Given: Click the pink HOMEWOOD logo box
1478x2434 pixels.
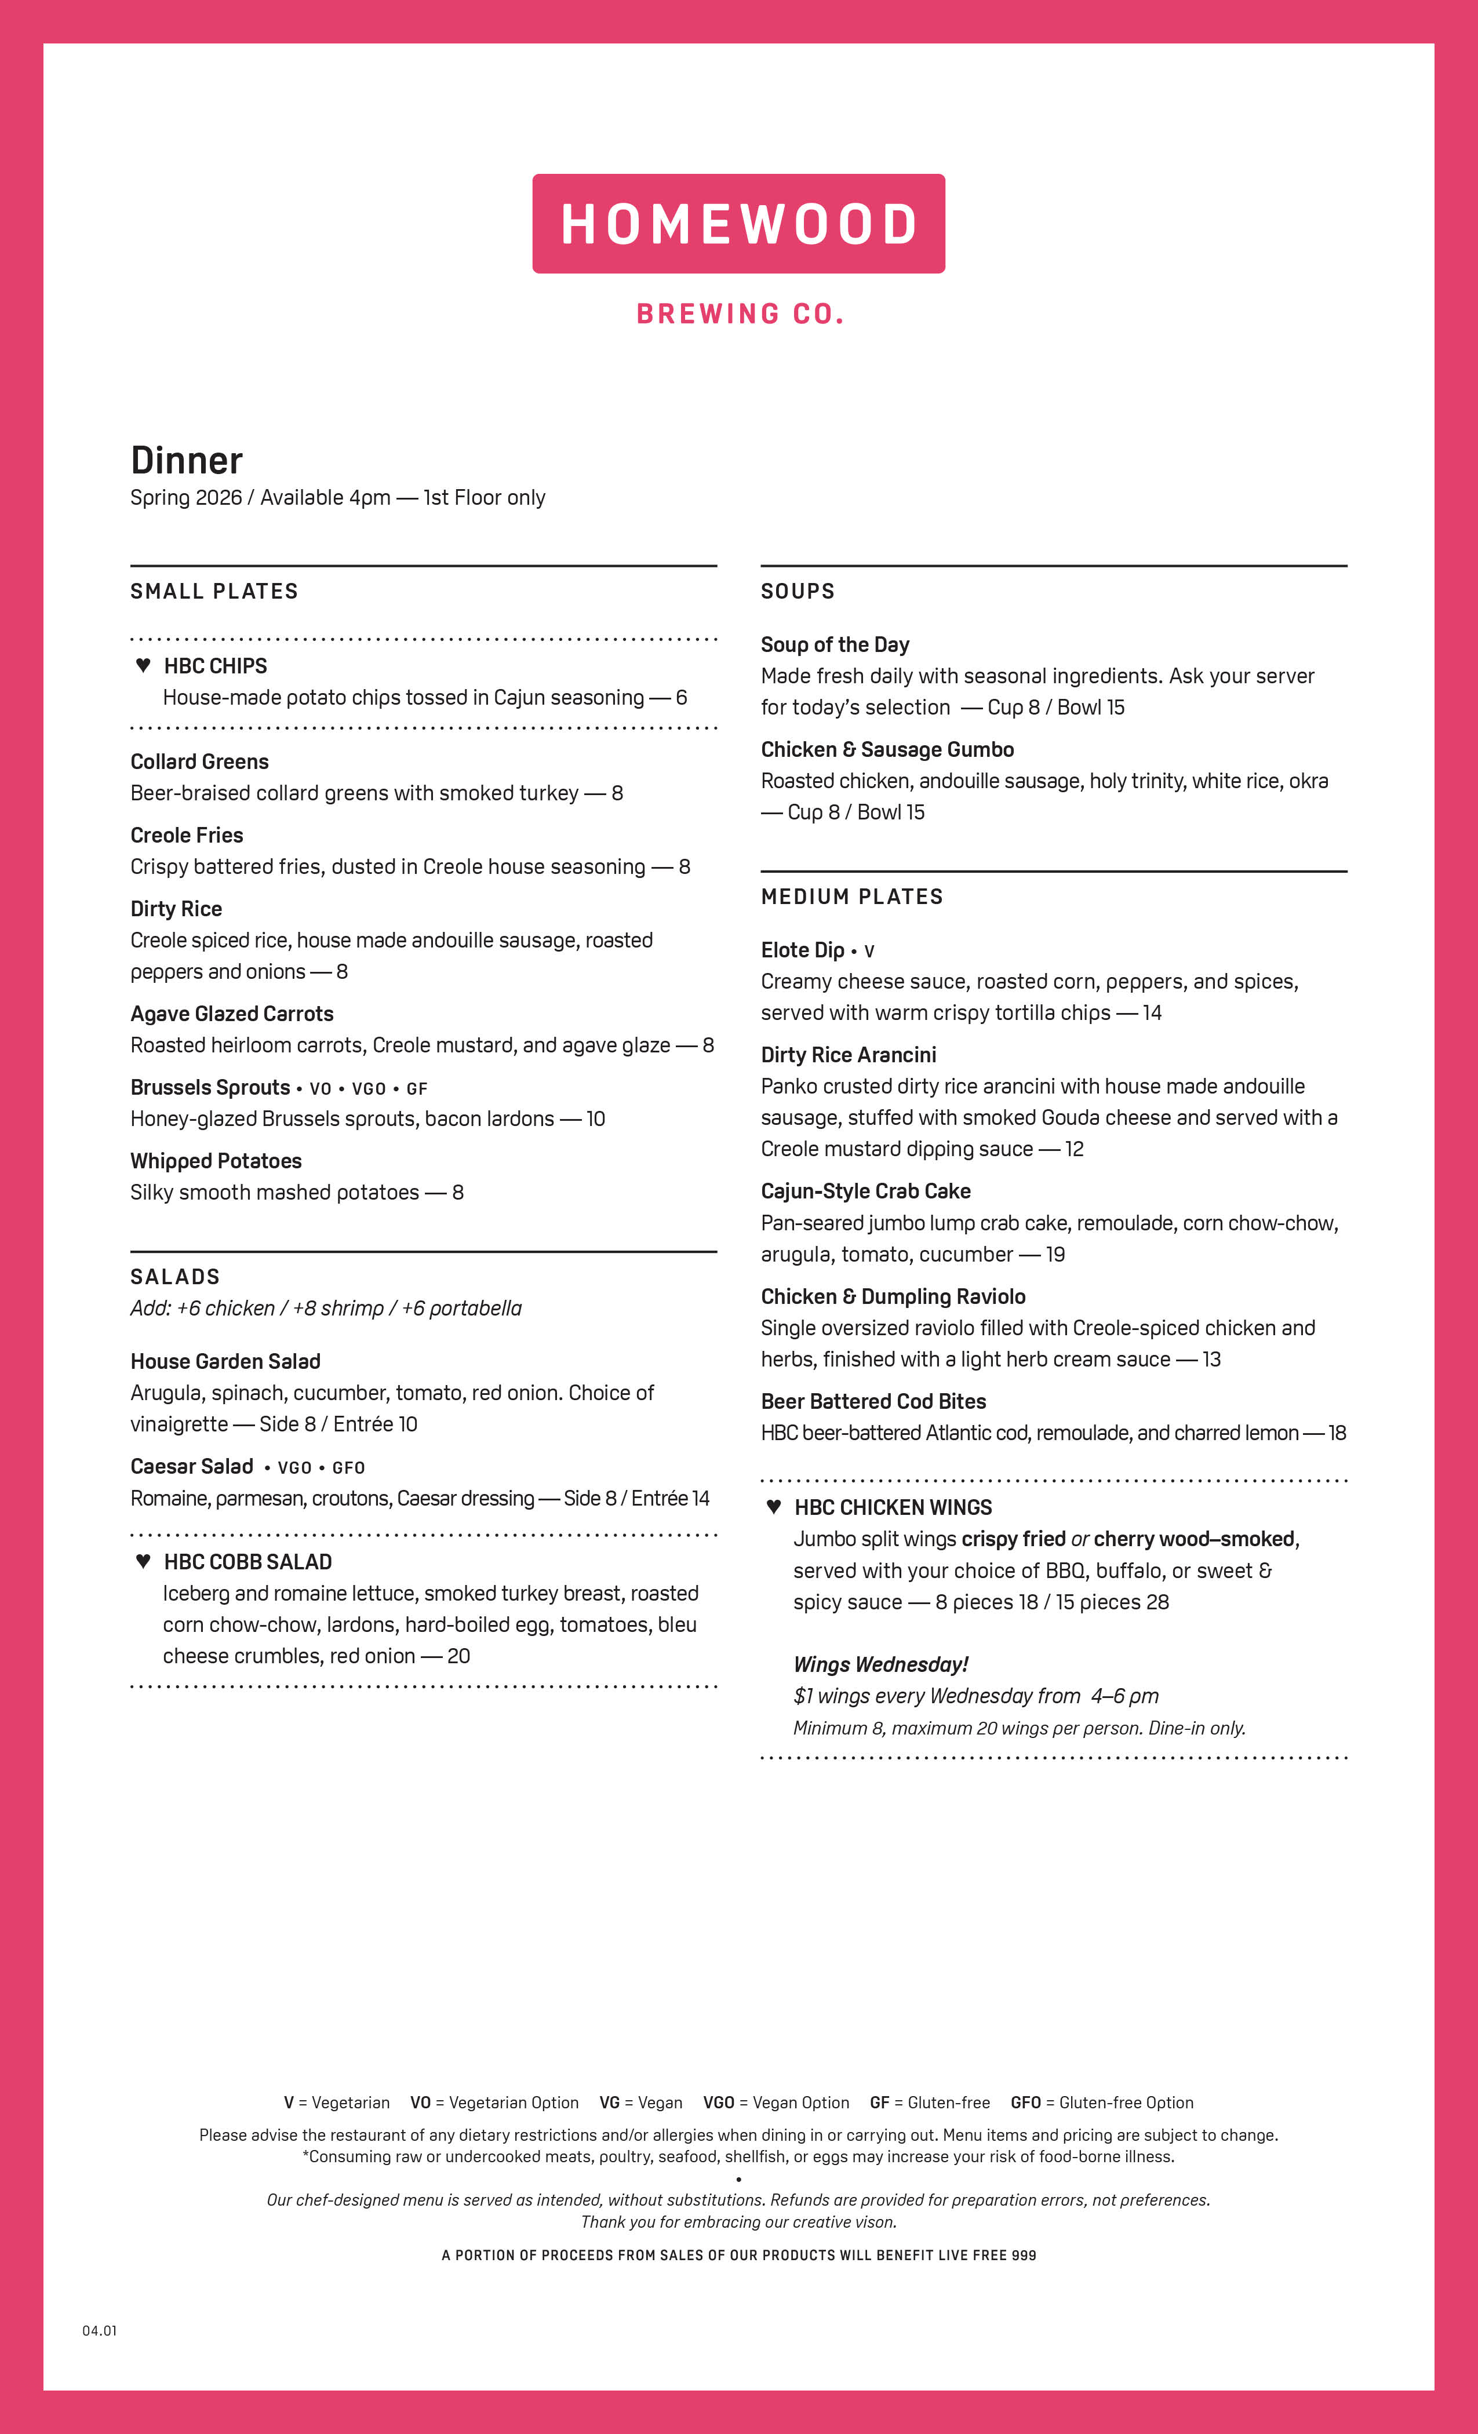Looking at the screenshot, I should pos(738,223).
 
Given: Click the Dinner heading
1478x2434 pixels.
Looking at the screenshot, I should pos(187,460).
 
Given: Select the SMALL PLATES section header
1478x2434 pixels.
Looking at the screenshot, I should pos(214,591).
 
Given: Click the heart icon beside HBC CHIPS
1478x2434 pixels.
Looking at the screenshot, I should pos(143,665).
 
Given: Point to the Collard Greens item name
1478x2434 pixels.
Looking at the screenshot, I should pos(199,761).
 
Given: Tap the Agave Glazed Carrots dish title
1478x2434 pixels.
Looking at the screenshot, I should pos(232,1014).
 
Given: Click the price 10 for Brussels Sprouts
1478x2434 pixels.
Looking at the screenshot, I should pos(596,1118).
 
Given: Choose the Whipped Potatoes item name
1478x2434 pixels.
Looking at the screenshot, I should pos(216,1161).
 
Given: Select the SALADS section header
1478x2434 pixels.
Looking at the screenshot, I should pos(175,1276).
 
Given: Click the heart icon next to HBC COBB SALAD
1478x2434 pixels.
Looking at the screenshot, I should pos(143,1561).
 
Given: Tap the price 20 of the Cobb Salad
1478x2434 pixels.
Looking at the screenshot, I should pos(458,1656).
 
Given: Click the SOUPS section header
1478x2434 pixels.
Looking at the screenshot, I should pos(798,591).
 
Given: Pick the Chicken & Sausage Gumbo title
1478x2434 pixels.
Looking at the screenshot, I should pos(887,750).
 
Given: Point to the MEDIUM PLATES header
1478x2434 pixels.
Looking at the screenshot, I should pos(851,896).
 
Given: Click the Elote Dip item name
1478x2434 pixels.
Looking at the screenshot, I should pos(802,950).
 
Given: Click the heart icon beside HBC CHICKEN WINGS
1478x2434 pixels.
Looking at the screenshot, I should pos(774,1506).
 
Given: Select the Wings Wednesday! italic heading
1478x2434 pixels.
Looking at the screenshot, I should pos(880,1664).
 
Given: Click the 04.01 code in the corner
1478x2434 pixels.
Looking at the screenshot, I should pos(99,2330).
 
